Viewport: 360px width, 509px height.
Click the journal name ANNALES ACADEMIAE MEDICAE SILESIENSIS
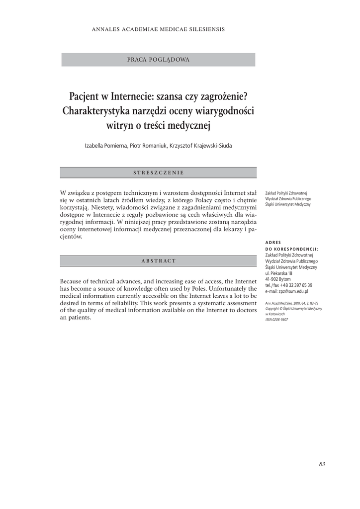(x=158, y=29)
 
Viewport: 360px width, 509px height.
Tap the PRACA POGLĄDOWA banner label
(x=158, y=60)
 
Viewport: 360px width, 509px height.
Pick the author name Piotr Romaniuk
(x=148, y=146)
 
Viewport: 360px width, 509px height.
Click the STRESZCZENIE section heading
(x=159, y=172)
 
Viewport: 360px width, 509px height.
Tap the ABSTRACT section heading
(x=159, y=261)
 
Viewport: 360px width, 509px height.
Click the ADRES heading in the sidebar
(x=273, y=243)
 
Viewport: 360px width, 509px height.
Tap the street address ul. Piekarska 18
(x=279, y=273)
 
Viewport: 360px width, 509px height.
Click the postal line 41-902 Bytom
(x=278, y=279)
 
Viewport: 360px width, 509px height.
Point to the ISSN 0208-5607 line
(x=277, y=319)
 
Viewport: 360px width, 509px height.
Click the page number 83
(x=322, y=464)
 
